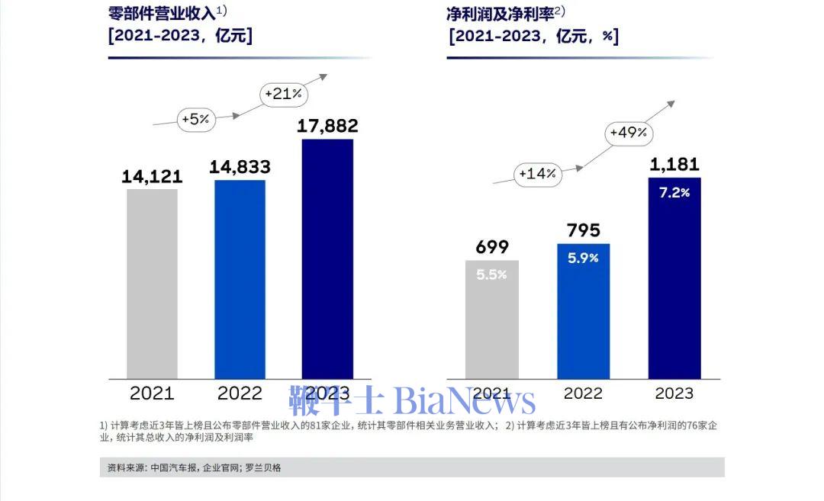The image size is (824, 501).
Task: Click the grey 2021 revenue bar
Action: (x=152, y=283)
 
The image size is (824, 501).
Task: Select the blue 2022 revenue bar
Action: (x=240, y=279)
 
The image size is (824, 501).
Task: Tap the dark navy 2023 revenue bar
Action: (x=327, y=259)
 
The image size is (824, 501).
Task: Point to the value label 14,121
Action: (x=152, y=177)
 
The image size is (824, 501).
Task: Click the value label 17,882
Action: (x=327, y=127)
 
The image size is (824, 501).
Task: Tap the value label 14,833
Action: (x=240, y=168)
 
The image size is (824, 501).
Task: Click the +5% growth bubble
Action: (x=196, y=119)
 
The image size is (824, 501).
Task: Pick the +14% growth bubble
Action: (x=538, y=174)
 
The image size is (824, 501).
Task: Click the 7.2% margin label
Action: (x=674, y=193)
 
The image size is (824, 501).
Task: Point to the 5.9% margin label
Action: (x=583, y=259)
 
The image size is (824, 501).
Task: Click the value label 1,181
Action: (x=674, y=165)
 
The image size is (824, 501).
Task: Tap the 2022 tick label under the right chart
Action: (x=583, y=393)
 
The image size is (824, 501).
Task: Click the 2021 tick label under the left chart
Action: (x=152, y=393)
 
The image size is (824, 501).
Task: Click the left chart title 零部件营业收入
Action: (x=162, y=14)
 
